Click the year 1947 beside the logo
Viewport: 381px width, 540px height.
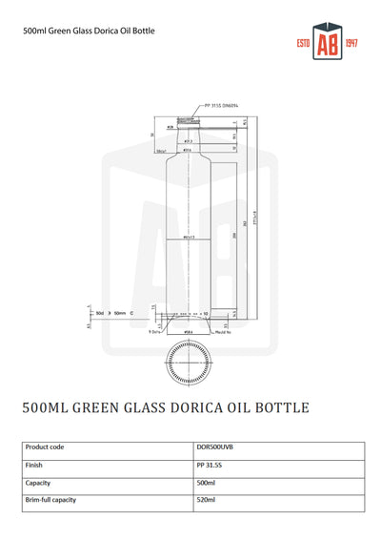click(x=350, y=45)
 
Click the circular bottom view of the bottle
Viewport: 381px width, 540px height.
click(x=188, y=361)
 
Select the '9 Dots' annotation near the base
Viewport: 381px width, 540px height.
click(x=155, y=332)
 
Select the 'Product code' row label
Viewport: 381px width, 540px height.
click(x=45, y=446)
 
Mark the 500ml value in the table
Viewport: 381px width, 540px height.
click(x=206, y=482)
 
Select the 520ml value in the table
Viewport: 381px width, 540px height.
click(x=206, y=499)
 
